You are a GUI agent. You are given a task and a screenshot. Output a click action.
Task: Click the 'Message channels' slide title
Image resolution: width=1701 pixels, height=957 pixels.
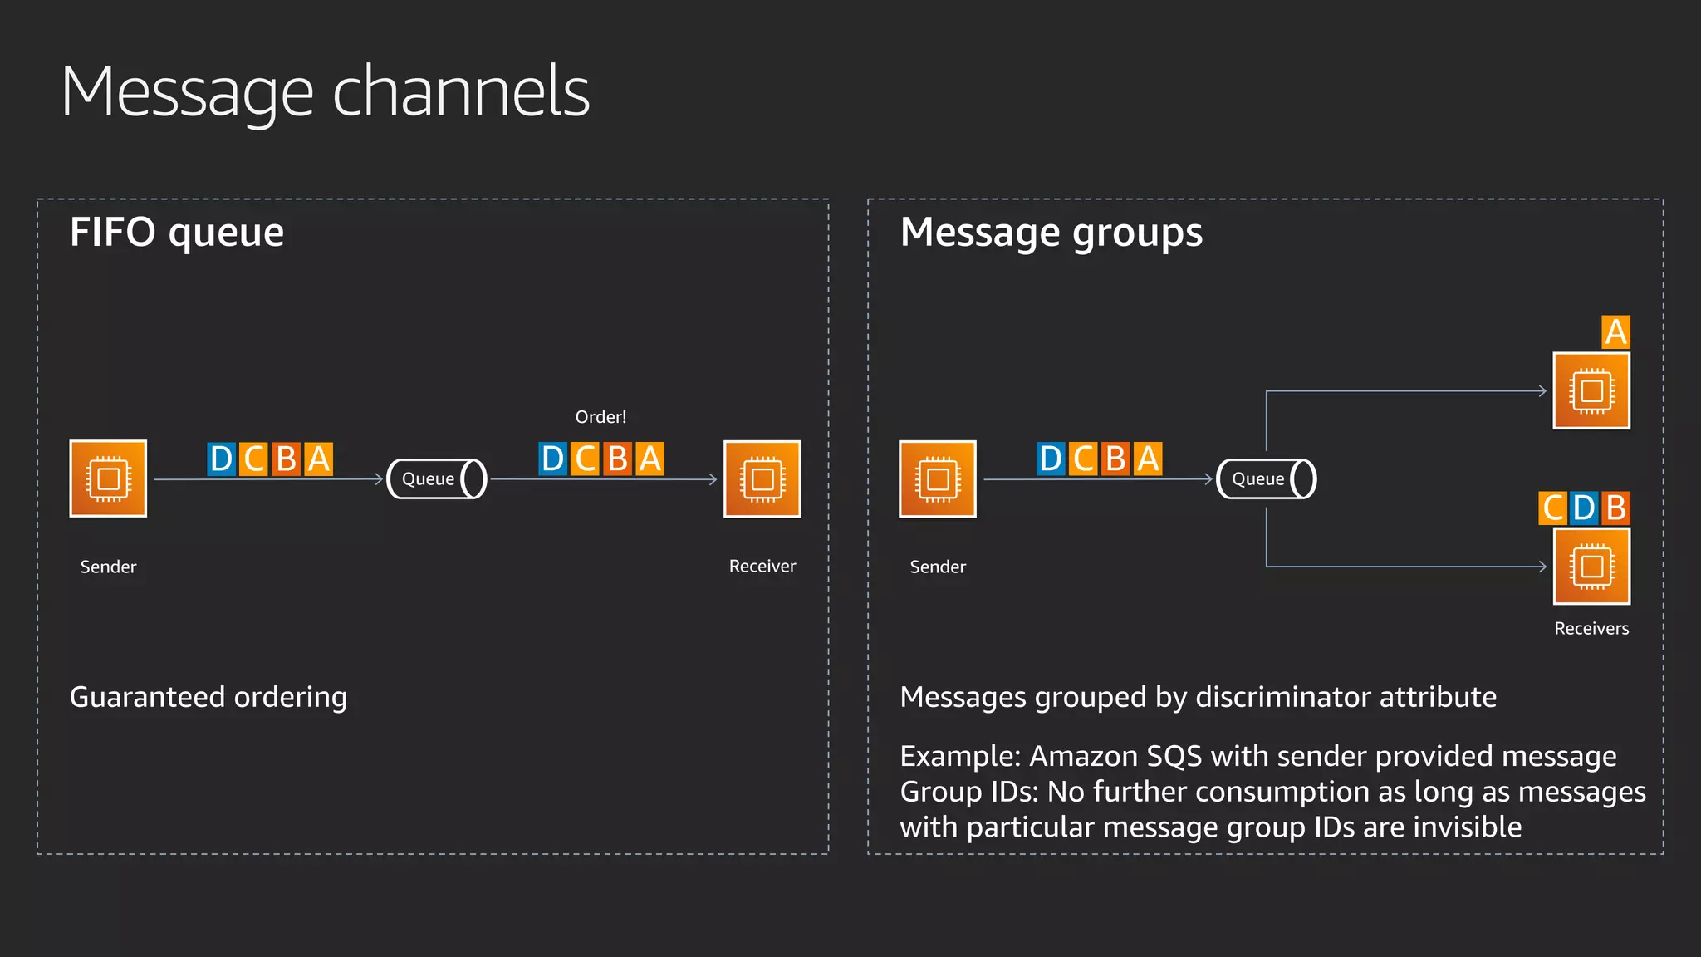pos(325,91)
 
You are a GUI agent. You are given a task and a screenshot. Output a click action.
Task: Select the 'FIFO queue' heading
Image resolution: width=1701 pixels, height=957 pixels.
pos(177,232)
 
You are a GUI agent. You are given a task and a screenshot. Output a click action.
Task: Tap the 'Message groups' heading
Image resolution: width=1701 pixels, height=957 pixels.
pos(1051,232)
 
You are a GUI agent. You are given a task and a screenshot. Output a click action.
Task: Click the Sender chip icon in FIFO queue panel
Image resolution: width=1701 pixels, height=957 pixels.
pos(108,478)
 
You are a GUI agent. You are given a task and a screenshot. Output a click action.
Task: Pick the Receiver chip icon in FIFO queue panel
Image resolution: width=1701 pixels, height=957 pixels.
pos(762,478)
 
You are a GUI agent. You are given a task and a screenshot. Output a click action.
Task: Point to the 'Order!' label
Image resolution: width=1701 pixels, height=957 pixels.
pos(600,417)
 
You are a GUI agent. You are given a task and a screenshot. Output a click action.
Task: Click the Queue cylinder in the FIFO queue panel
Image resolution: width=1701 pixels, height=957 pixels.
pos(437,478)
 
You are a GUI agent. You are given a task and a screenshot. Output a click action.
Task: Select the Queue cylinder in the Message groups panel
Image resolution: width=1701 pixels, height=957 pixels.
pos(1266,478)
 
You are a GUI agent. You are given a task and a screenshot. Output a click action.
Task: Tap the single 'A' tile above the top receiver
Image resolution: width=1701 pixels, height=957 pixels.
pos(1615,332)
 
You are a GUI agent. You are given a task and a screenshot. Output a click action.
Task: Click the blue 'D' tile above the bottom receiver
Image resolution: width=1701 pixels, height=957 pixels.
pos(1583,508)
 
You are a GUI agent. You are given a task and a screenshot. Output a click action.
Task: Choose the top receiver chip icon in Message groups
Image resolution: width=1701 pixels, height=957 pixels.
pos(1591,390)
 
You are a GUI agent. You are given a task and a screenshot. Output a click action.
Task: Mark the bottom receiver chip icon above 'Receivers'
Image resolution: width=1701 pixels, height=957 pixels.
pos(1591,567)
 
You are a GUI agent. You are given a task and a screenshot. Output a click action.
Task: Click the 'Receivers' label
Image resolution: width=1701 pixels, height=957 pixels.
pos(1591,629)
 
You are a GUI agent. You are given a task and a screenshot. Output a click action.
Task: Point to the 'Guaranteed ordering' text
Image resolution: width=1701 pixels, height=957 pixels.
pos(208,697)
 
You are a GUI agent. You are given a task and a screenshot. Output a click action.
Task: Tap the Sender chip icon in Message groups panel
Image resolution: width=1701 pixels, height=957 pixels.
pos(937,478)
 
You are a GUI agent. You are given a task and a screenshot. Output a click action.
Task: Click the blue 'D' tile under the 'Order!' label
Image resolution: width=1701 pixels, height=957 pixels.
pos(552,459)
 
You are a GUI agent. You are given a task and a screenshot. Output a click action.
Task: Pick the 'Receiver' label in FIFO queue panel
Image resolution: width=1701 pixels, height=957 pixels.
pos(762,567)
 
